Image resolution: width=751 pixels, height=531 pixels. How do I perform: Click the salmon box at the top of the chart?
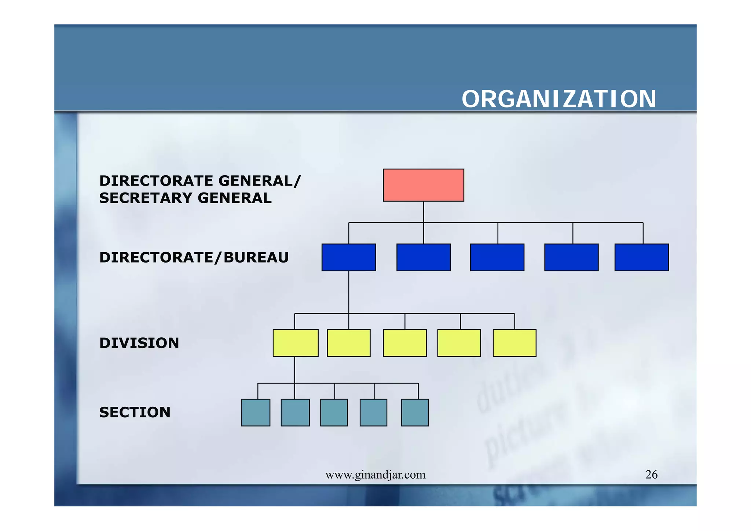tap(424, 185)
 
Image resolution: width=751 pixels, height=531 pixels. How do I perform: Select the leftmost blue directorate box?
tap(348, 257)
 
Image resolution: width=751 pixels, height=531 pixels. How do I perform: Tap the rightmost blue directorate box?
tap(641, 257)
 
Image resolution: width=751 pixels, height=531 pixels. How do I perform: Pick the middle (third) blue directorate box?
tap(497, 257)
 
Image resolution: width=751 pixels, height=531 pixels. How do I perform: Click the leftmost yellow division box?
tap(295, 343)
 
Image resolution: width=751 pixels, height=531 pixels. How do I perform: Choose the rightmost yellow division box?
tap(514, 343)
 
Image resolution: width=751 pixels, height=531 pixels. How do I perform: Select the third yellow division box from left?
tap(404, 343)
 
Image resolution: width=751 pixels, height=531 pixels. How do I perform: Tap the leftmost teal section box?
tap(256, 412)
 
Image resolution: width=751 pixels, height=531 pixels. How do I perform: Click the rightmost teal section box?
tap(415, 412)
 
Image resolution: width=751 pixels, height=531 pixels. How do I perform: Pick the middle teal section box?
tap(334, 412)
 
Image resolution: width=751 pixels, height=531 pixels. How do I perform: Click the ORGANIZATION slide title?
tap(558, 99)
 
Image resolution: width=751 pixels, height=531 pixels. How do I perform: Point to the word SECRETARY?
tap(146, 198)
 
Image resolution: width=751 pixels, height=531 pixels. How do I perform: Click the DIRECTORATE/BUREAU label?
tap(194, 257)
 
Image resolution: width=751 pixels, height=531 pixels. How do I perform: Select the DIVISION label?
tap(139, 343)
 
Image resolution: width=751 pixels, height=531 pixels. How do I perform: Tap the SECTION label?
tap(135, 413)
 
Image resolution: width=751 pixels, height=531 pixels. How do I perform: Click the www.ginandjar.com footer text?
tap(375, 475)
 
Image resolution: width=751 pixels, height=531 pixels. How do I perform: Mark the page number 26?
tap(651, 475)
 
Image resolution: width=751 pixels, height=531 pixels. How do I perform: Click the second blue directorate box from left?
tap(423, 257)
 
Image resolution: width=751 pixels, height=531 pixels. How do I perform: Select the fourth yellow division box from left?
tap(459, 343)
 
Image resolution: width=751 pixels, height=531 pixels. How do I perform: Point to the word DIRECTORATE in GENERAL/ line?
tap(156, 181)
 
